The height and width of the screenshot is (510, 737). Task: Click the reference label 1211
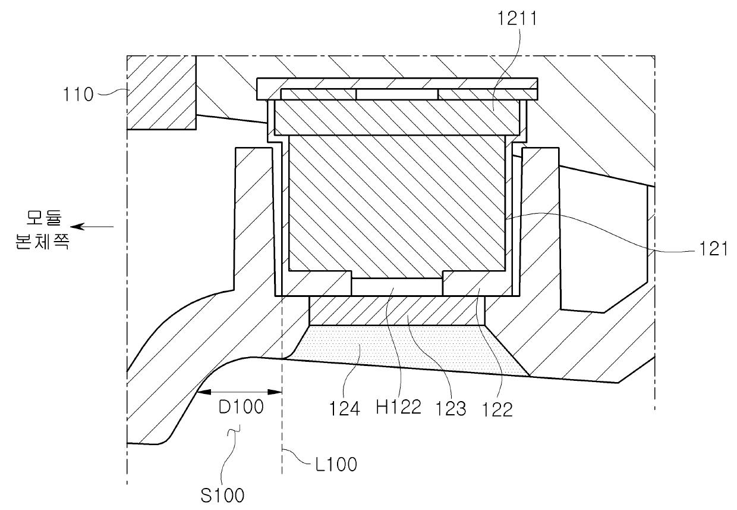point(517,18)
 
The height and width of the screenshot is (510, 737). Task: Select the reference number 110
point(78,95)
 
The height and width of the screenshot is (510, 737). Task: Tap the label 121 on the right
point(713,249)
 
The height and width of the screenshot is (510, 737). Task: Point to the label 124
point(345,409)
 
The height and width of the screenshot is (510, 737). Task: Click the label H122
point(398,407)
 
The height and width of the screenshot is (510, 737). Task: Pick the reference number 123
point(451,409)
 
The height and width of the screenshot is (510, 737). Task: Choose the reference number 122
point(497,410)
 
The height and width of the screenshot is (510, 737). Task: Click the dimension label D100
point(241,407)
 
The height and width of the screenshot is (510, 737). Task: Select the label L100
point(336,464)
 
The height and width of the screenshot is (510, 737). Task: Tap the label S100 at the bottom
point(222,495)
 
